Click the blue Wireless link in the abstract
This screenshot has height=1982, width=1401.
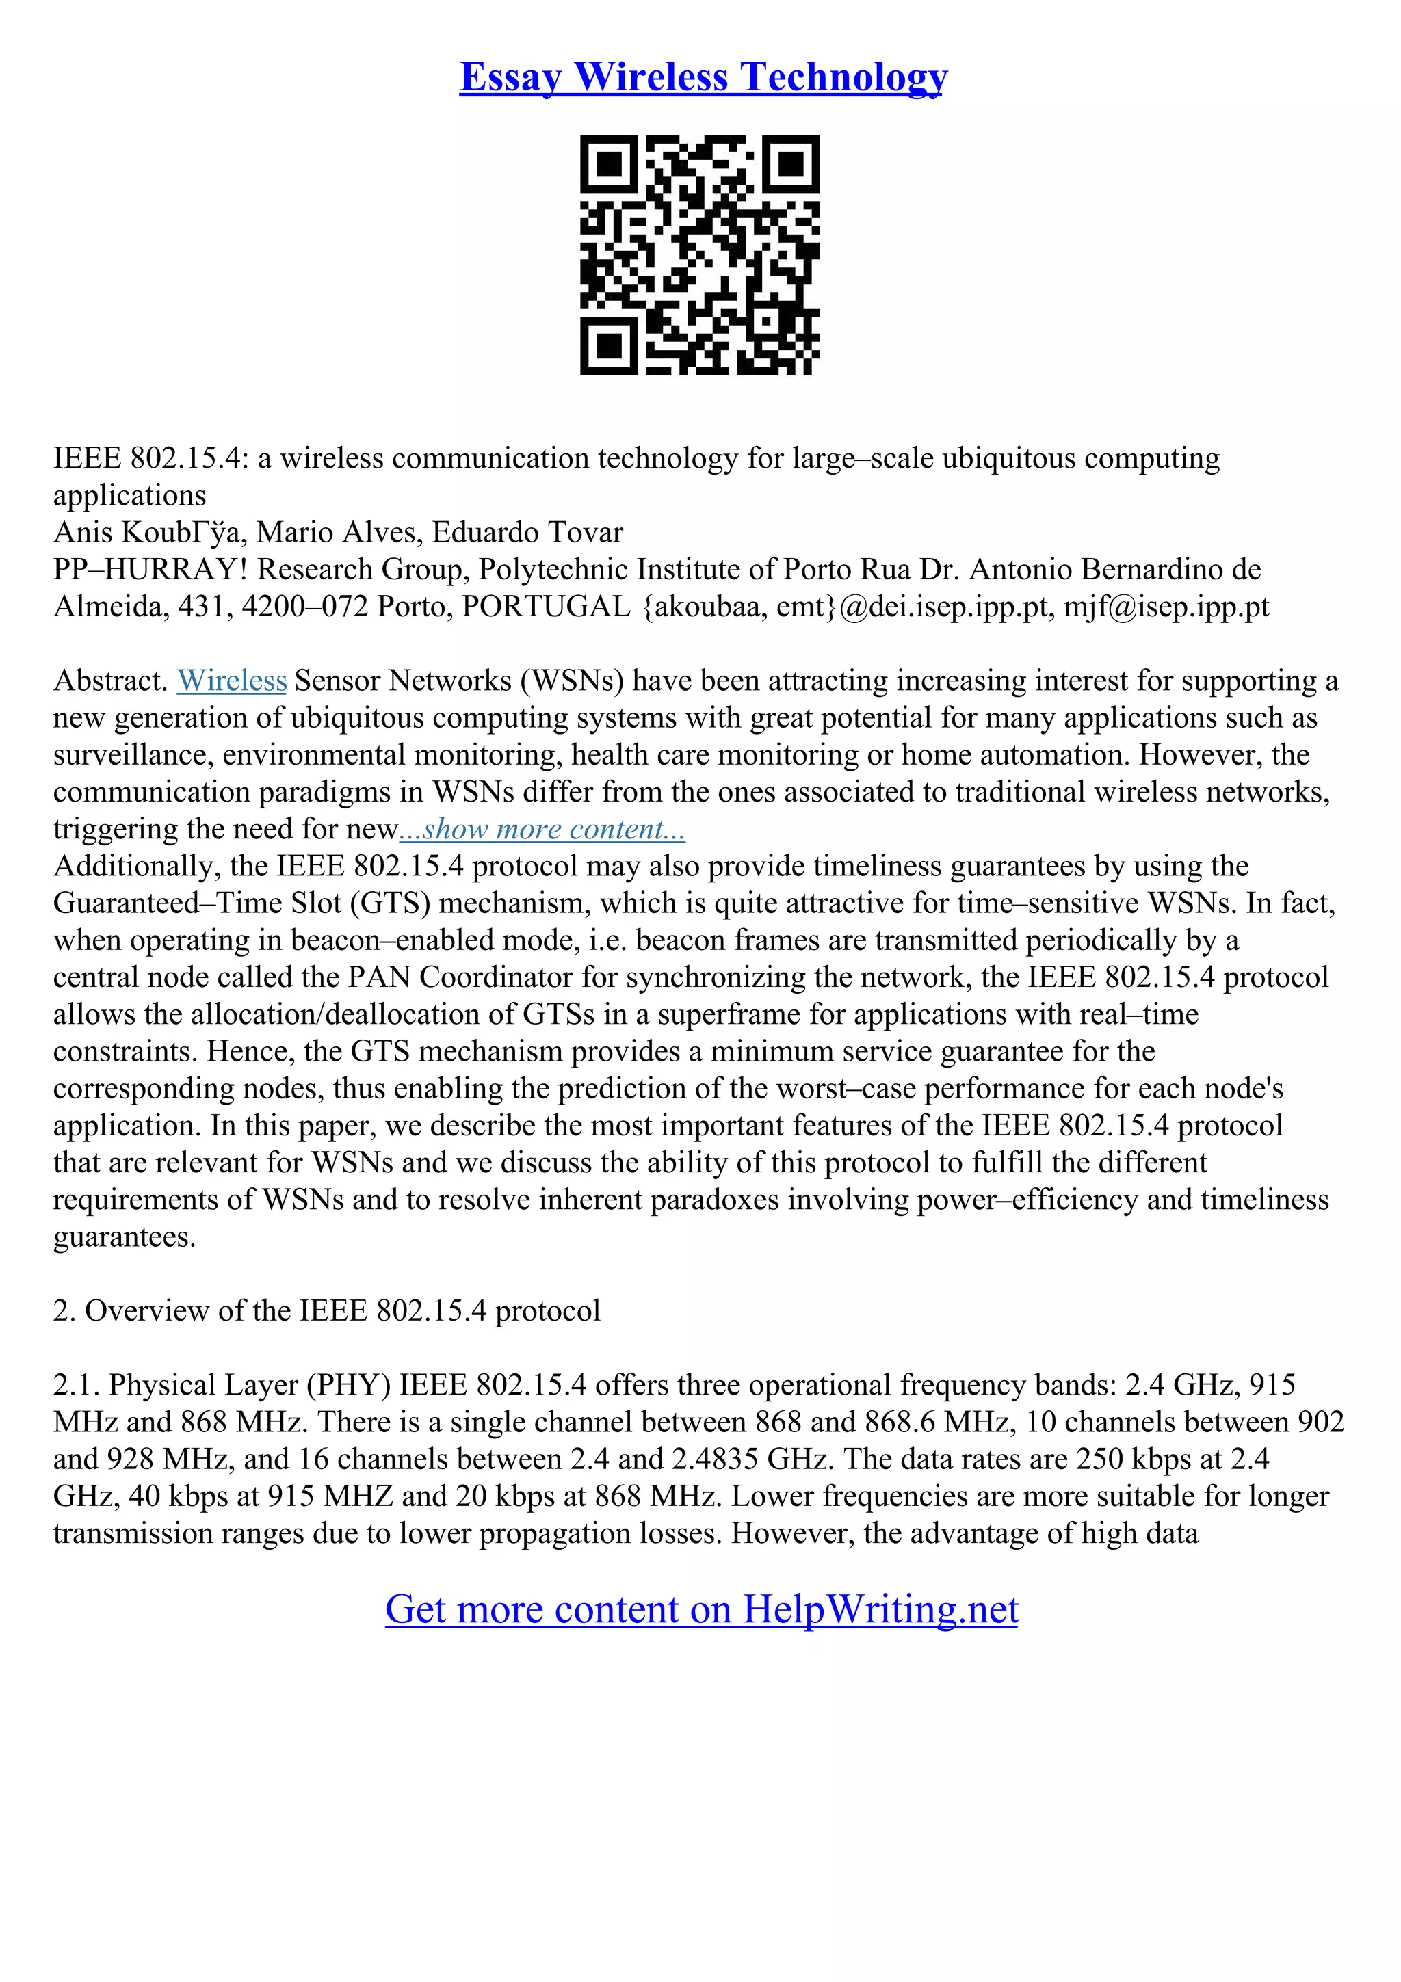click(x=231, y=681)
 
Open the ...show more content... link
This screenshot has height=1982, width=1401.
click(x=542, y=830)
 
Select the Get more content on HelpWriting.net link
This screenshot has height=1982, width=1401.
click(x=701, y=1609)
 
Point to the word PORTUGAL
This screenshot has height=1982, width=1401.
click(x=547, y=607)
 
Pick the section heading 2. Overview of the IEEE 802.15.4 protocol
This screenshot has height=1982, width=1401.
click(x=326, y=1311)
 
